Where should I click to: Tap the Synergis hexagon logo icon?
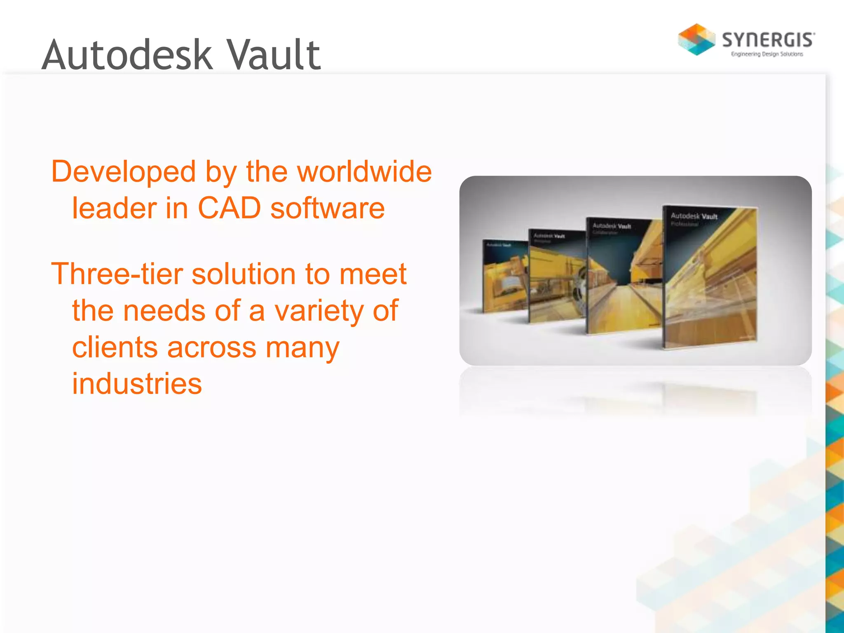696,40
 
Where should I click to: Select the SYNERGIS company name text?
768,40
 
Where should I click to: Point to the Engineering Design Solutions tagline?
767,54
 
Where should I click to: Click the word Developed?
123,171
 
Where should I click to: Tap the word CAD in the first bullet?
229,208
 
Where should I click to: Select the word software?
328,208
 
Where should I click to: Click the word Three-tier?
117,274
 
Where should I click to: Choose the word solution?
244,274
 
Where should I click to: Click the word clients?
115,347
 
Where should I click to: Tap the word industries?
137,383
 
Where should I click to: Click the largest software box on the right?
710,280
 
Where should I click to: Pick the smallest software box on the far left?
504,276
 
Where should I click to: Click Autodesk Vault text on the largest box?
694,216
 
